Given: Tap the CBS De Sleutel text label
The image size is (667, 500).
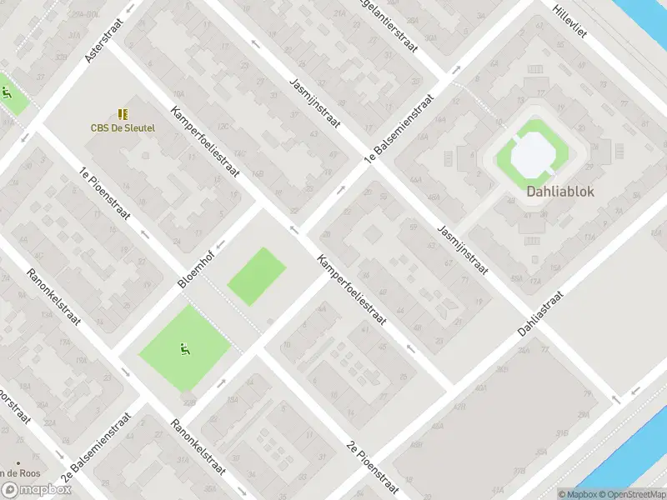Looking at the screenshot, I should (123, 127).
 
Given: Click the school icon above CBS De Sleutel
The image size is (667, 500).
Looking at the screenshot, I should (123, 113).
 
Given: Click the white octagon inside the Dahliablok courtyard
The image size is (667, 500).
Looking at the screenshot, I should (532, 152).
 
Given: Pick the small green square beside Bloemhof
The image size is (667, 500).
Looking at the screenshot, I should (257, 276).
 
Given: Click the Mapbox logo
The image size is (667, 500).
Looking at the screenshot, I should (35, 491).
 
